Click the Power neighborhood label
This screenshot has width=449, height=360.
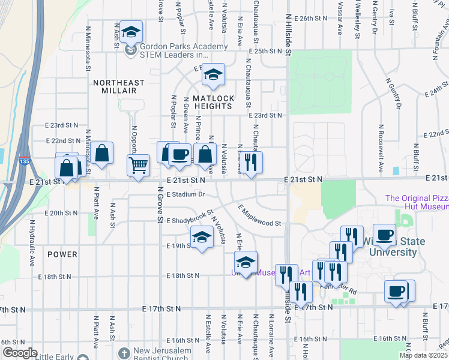tap(62, 254)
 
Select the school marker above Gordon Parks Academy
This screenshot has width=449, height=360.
tap(130, 32)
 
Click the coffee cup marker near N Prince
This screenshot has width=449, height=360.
tap(179, 155)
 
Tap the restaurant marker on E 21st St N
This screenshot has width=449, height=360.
tap(251, 162)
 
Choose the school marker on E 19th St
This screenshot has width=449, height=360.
tap(202, 238)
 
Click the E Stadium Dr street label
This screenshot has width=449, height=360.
tap(186, 194)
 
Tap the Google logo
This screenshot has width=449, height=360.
tap(20, 352)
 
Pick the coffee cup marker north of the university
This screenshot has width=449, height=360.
tap(384, 235)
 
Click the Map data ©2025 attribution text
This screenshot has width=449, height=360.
tap(424, 355)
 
